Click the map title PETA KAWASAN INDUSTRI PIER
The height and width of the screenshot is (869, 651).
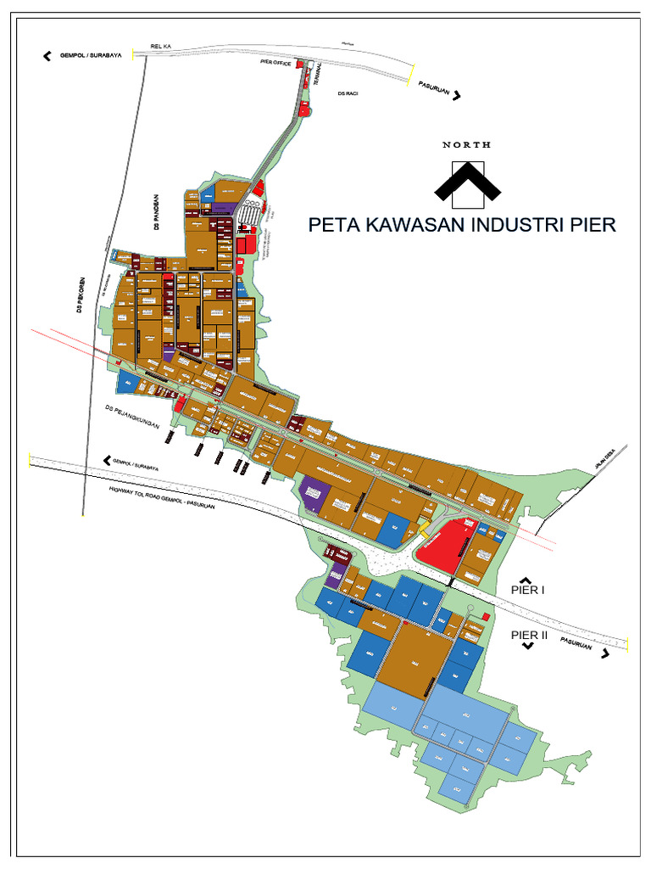(462, 225)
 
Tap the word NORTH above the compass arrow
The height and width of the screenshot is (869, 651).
(466, 145)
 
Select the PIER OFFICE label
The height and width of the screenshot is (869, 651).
(275, 63)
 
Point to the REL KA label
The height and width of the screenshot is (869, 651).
(160, 47)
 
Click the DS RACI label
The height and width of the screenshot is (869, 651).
(348, 93)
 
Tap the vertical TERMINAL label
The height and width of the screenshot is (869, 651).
(316, 76)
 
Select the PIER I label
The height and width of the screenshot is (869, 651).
(529, 589)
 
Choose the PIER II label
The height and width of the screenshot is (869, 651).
(530, 634)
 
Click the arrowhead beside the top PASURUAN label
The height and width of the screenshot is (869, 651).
(457, 96)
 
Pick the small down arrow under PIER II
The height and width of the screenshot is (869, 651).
(528, 647)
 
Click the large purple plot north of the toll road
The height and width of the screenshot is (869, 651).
(313, 493)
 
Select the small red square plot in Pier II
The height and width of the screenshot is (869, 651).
(485, 615)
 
